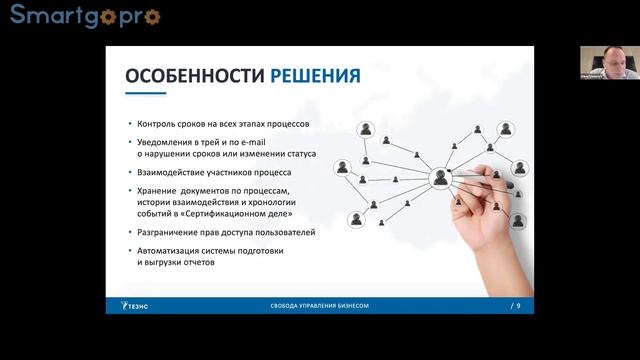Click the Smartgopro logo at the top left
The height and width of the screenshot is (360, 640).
click(84, 16)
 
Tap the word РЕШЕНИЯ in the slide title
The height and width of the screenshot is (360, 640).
click(313, 76)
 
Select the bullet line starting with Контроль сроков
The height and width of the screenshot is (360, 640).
click(221, 123)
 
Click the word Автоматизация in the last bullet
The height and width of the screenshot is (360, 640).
click(168, 251)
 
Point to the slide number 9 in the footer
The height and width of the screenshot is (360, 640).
click(518, 304)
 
